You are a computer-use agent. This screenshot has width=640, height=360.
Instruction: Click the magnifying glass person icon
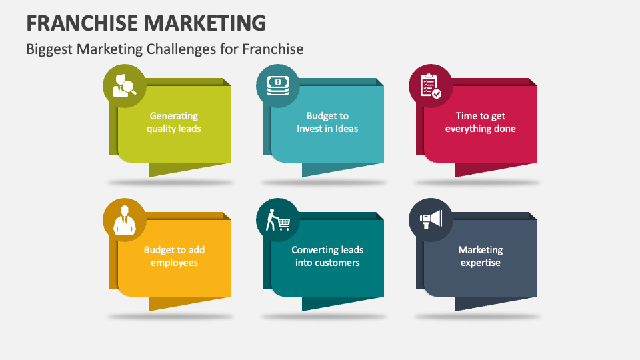pyautogui.click(x=124, y=86)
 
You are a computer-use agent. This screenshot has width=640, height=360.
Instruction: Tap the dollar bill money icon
pyautogui.click(x=277, y=86)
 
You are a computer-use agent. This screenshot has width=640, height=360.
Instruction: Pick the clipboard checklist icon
pyautogui.click(x=430, y=86)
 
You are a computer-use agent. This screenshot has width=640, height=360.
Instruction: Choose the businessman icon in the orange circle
pyautogui.click(x=124, y=219)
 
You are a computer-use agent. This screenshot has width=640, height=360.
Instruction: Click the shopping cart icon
pyautogui.click(x=277, y=219)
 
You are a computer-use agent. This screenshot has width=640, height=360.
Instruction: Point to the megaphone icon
pyautogui.click(x=430, y=219)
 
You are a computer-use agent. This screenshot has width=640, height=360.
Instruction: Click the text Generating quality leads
pyautogui.click(x=174, y=122)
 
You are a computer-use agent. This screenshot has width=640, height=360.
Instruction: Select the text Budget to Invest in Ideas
pyautogui.click(x=327, y=122)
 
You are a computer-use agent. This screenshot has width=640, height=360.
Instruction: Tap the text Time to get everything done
pyautogui.click(x=481, y=122)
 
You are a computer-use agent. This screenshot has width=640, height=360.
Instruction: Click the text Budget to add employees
pyautogui.click(x=174, y=256)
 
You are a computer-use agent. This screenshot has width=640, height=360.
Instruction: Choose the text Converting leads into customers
pyautogui.click(x=327, y=256)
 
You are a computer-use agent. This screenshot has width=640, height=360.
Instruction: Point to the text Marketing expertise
pyautogui.click(x=481, y=256)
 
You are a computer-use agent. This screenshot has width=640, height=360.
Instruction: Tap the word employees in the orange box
pyautogui.click(x=174, y=263)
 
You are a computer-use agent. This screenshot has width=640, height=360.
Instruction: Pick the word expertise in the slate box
pyautogui.click(x=481, y=263)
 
